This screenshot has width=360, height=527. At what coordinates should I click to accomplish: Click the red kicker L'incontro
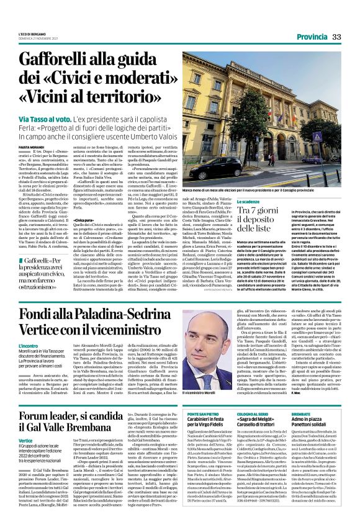point(29,345)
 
